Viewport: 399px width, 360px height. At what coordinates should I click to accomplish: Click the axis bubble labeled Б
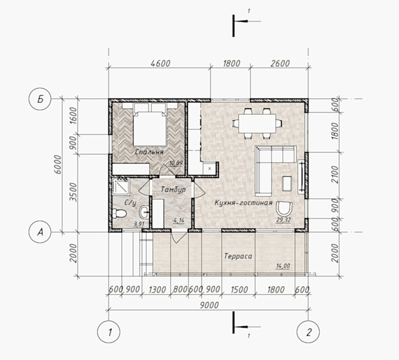40,99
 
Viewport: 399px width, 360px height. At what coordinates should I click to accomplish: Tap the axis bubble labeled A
40,232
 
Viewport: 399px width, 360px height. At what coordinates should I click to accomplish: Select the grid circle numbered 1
108,332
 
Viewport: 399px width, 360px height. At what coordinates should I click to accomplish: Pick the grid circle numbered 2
308,332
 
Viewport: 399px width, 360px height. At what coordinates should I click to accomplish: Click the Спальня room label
149,152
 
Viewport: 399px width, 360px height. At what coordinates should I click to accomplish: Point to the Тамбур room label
173,190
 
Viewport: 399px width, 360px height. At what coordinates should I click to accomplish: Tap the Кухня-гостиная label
244,203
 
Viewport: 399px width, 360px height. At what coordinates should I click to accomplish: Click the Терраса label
238,256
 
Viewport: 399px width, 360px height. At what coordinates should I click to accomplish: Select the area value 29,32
284,220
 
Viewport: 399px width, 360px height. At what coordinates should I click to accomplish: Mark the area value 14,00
283,266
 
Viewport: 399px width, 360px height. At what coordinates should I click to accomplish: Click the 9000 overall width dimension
209,305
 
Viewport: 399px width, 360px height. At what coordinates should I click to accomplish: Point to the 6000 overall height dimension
58,164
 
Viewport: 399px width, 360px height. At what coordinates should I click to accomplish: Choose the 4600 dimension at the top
161,63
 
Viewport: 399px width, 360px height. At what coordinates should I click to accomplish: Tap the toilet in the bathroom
119,213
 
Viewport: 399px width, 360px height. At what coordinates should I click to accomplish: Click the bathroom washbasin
144,212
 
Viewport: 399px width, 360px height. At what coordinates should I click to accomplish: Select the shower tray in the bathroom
121,186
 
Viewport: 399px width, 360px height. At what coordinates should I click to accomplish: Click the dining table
257,123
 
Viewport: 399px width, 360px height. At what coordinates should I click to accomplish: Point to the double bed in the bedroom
150,124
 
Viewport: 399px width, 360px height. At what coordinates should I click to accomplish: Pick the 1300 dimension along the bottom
157,289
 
